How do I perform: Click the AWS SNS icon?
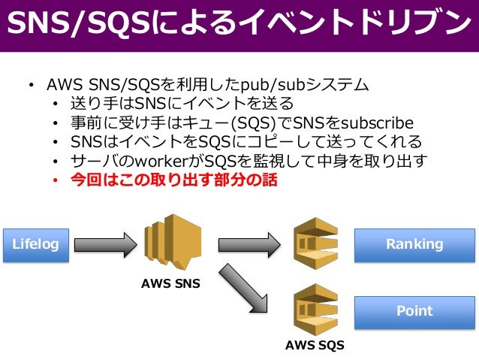(170, 244)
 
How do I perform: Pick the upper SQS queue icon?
(316, 242)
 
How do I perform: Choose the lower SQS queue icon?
(316, 308)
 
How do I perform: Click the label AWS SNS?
(171, 286)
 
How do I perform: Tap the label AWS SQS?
(315, 346)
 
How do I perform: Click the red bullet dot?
(56, 182)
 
